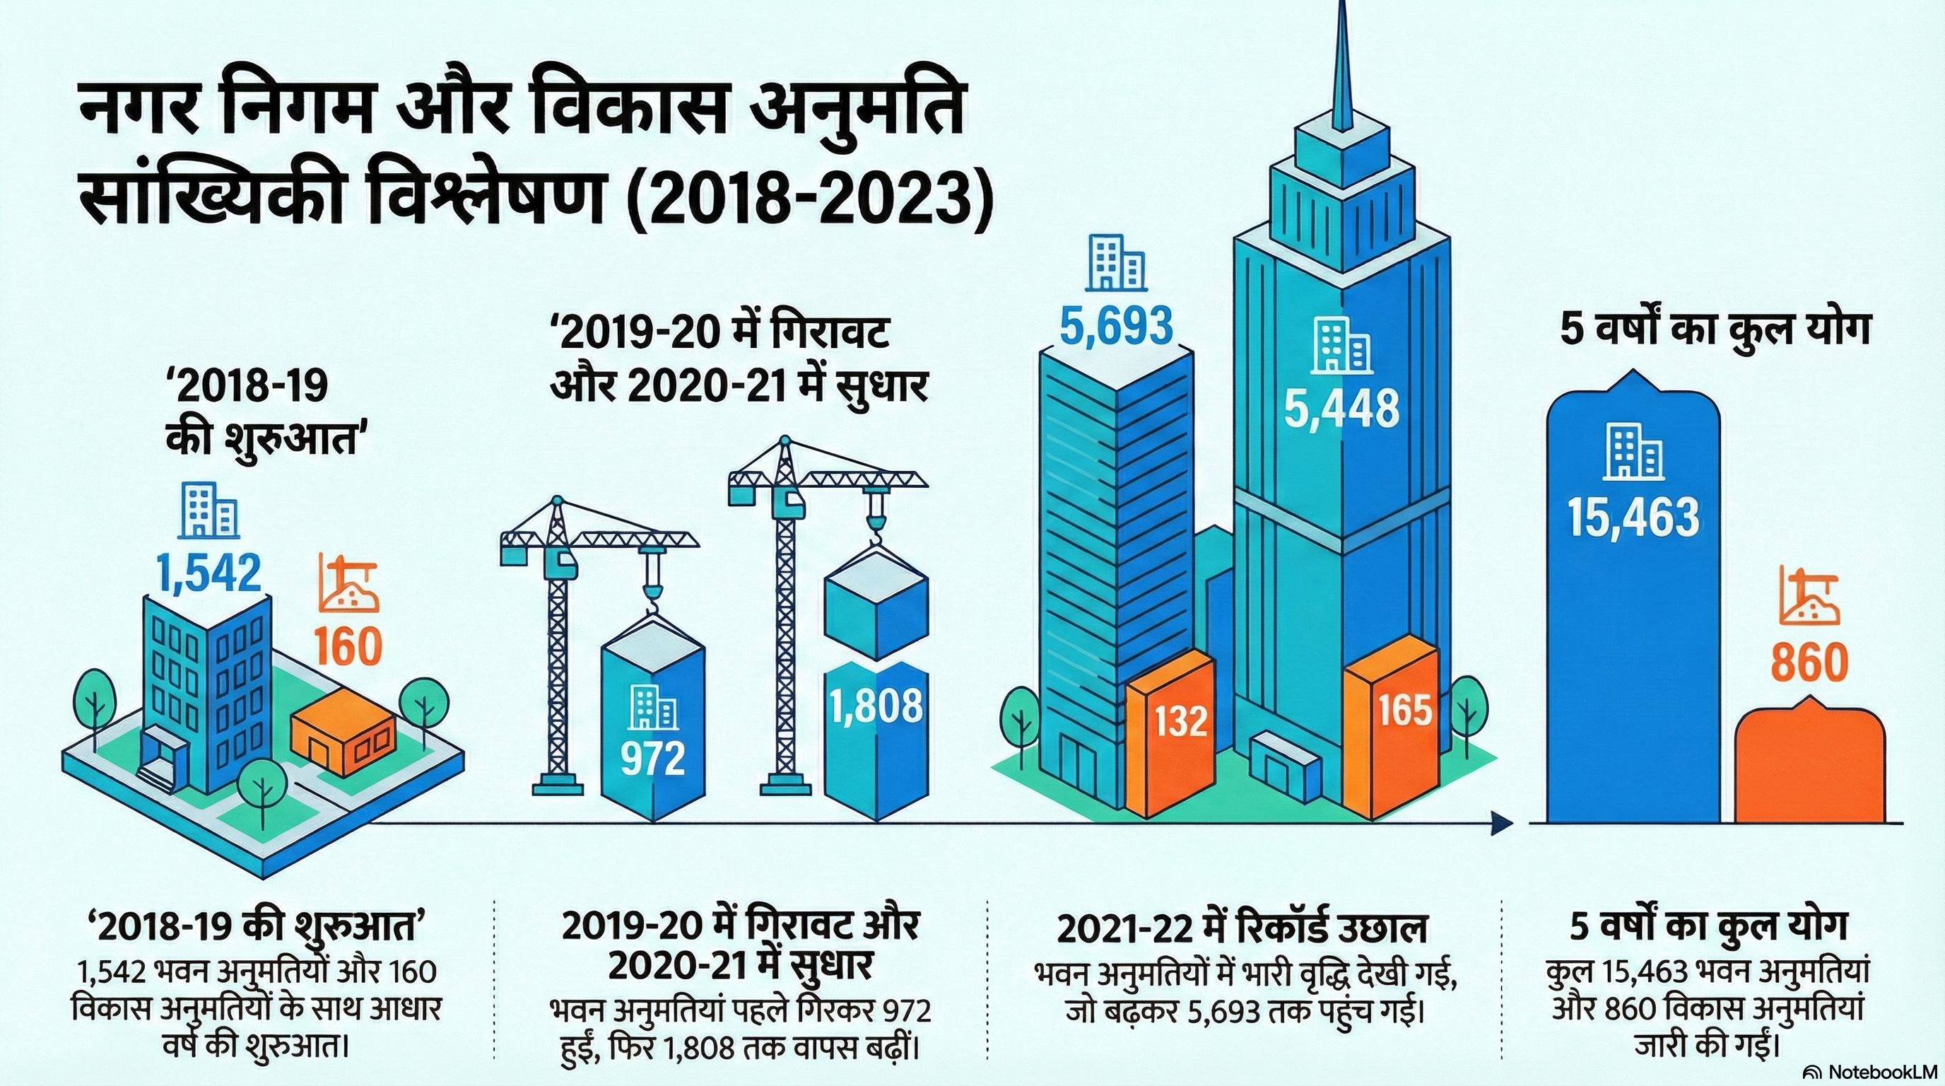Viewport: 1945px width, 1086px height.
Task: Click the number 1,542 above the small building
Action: pyautogui.click(x=209, y=573)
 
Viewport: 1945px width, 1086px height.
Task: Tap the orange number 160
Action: pyautogui.click(x=348, y=646)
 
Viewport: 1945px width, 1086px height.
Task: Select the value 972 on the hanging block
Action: pyautogui.click(x=652, y=758)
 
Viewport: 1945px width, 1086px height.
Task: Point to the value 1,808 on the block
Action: pyautogui.click(x=876, y=707)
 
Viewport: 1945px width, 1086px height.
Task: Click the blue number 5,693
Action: pyautogui.click(x=1116, y=326)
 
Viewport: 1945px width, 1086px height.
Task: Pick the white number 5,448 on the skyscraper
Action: pyautogui.click(x=1341, y=409)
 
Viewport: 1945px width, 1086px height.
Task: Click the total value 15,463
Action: pyautogui.click(x=1633, y=518)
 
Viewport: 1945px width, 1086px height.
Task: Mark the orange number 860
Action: pyautogui.click(x=1809, y=662)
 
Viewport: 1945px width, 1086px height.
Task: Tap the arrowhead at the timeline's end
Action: pyautogui.click(x=1503, y=823)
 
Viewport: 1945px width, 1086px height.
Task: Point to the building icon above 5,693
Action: pyautogui.click(x=1115, y=263)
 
